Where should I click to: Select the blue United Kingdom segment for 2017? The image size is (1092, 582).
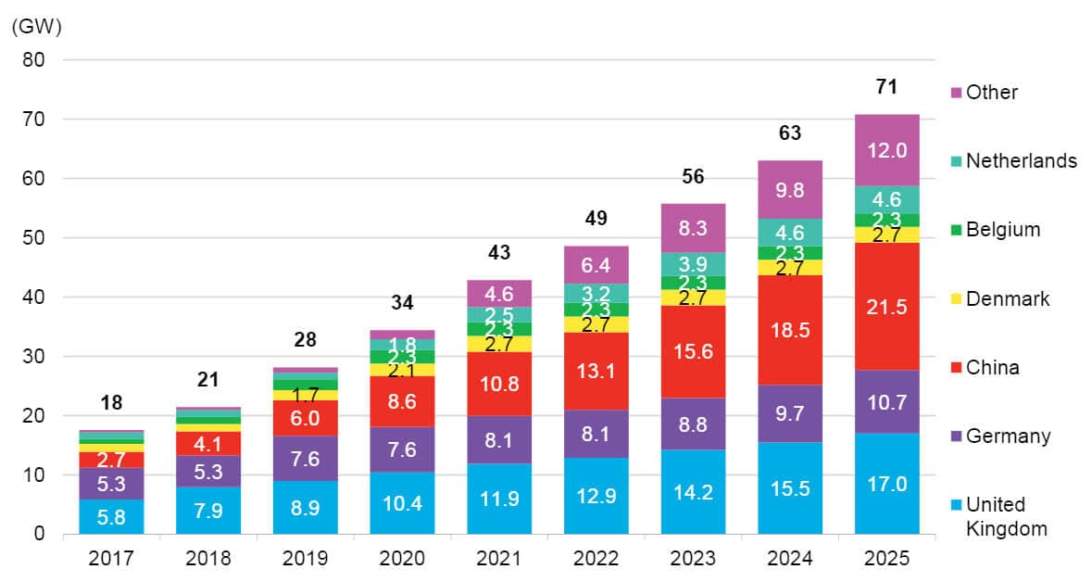111,516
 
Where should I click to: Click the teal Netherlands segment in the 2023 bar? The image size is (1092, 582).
693,264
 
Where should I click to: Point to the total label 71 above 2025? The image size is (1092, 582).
887,88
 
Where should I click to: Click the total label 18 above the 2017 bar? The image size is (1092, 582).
111,403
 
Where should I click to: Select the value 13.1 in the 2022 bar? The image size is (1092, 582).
596,371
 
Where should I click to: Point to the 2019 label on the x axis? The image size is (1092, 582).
306,558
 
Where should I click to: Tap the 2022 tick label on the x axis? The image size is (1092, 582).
596,558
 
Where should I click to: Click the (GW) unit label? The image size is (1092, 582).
35,26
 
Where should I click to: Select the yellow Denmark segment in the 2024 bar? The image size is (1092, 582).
790,268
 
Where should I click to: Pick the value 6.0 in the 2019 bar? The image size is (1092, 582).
306,418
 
